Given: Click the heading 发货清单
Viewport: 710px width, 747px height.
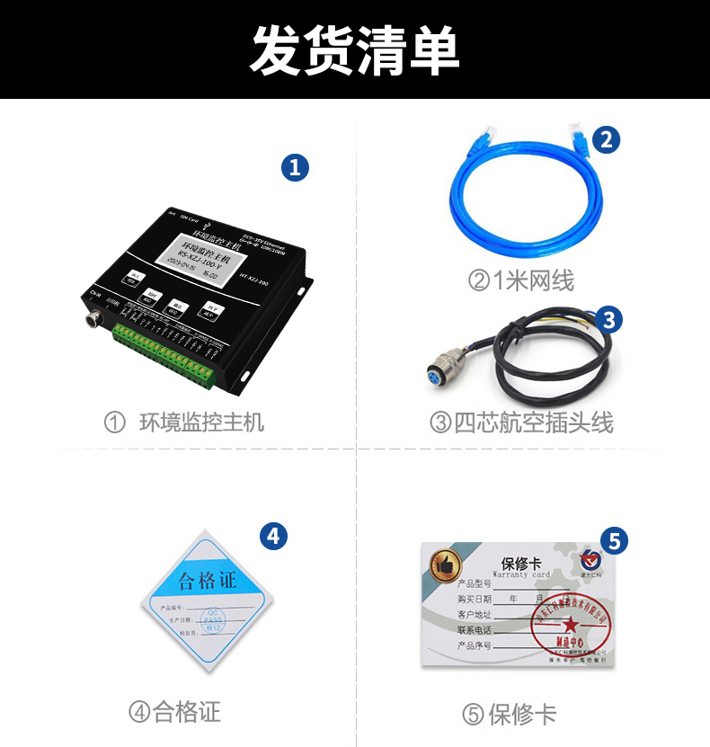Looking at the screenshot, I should point(354,49).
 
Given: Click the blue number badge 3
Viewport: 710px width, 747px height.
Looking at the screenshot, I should point(608,319).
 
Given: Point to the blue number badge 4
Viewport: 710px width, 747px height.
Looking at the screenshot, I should point(273,537).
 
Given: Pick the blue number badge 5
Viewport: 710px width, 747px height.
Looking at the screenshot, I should point(614,540).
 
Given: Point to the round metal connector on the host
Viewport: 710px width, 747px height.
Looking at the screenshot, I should point(93,319).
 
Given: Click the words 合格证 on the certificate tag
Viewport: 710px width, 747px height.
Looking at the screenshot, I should point(207,581).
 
